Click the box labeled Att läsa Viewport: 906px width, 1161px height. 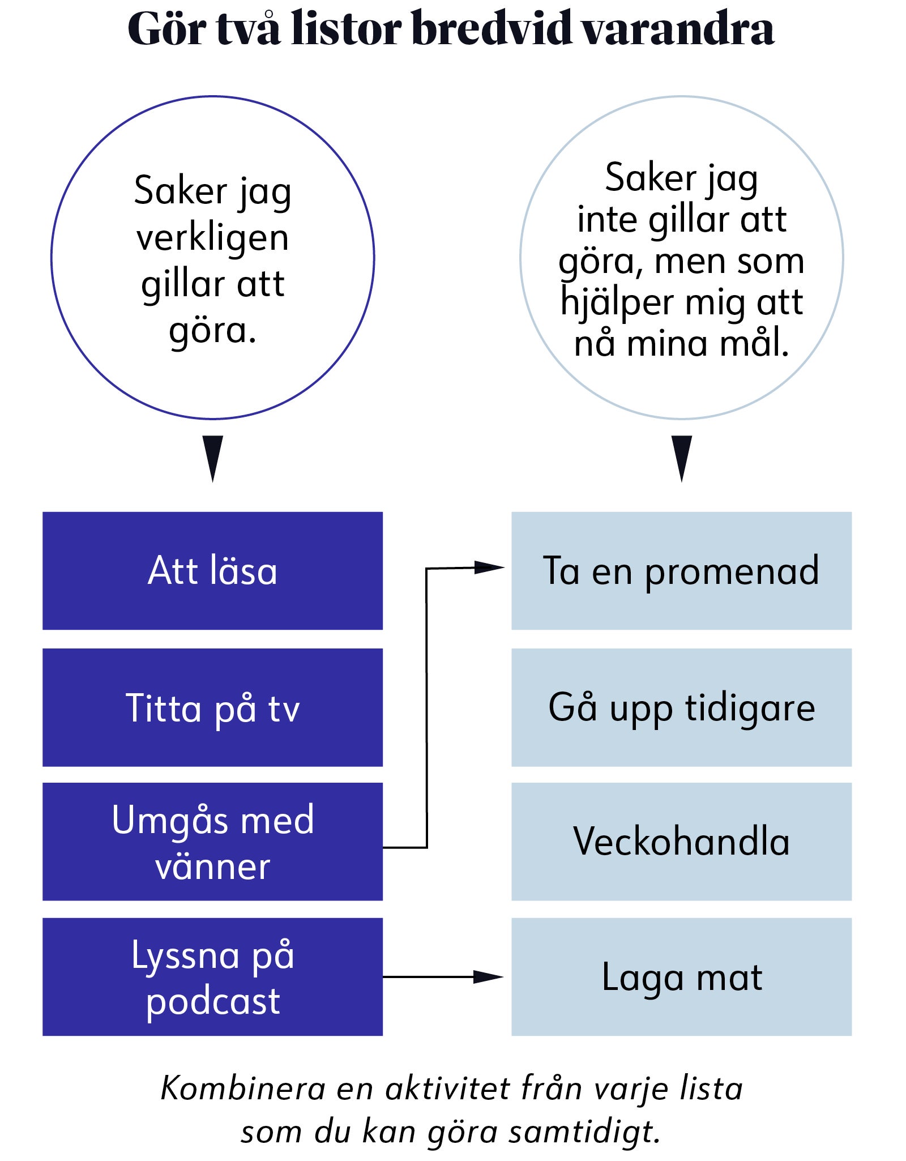click(212, 570)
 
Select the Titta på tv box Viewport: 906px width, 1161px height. click(212, 707)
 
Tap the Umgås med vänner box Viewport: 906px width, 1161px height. click(212, 842)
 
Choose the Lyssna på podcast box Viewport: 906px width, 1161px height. click(212, 977)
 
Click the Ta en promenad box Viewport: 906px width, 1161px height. click(681, 570)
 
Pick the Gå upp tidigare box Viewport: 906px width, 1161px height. click(681, 707)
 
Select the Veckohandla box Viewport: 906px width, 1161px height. click(681, 842)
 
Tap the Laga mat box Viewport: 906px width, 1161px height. click(681, 977)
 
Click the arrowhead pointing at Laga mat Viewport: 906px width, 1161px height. click(488, 976)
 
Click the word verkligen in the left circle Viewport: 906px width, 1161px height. click(212, 238)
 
